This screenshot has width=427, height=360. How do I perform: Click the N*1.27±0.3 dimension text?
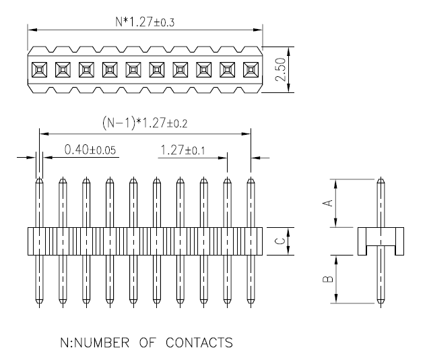[x=145, y=22]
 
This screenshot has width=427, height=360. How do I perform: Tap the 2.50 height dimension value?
[x=280, y=69]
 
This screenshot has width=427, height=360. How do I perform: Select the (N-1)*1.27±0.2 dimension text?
[x=145, y=123]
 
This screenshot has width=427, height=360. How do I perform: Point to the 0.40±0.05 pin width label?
[x=90, y=150]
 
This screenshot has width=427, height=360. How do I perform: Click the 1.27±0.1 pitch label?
[x=183, y=150]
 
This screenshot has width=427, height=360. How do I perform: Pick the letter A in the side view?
[x=328, y=203]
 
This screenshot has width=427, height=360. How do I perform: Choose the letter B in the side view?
[x=328, y=279]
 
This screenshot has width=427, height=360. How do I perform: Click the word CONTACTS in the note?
[x=199, y=342]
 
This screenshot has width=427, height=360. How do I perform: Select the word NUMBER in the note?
[x=102, y=342]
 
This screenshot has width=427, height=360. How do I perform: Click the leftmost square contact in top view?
[x=39, y=69]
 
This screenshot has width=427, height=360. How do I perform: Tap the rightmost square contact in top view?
[x=251, y=69]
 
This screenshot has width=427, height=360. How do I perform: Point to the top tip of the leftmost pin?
[x=39, y=178]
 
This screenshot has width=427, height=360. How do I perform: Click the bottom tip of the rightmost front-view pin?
[x=251, y=303]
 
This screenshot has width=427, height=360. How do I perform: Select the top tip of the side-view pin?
[x=381, y=178]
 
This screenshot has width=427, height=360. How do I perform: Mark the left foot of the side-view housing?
[x=362, y=250]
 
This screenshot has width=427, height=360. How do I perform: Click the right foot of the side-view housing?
[x=399, y=250]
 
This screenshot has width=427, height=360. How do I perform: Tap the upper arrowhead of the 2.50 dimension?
[x=289, y=51]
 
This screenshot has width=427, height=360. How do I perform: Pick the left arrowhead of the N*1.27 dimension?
[x=32, y=30]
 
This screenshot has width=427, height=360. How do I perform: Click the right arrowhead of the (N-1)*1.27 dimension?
[x=246, y=133]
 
